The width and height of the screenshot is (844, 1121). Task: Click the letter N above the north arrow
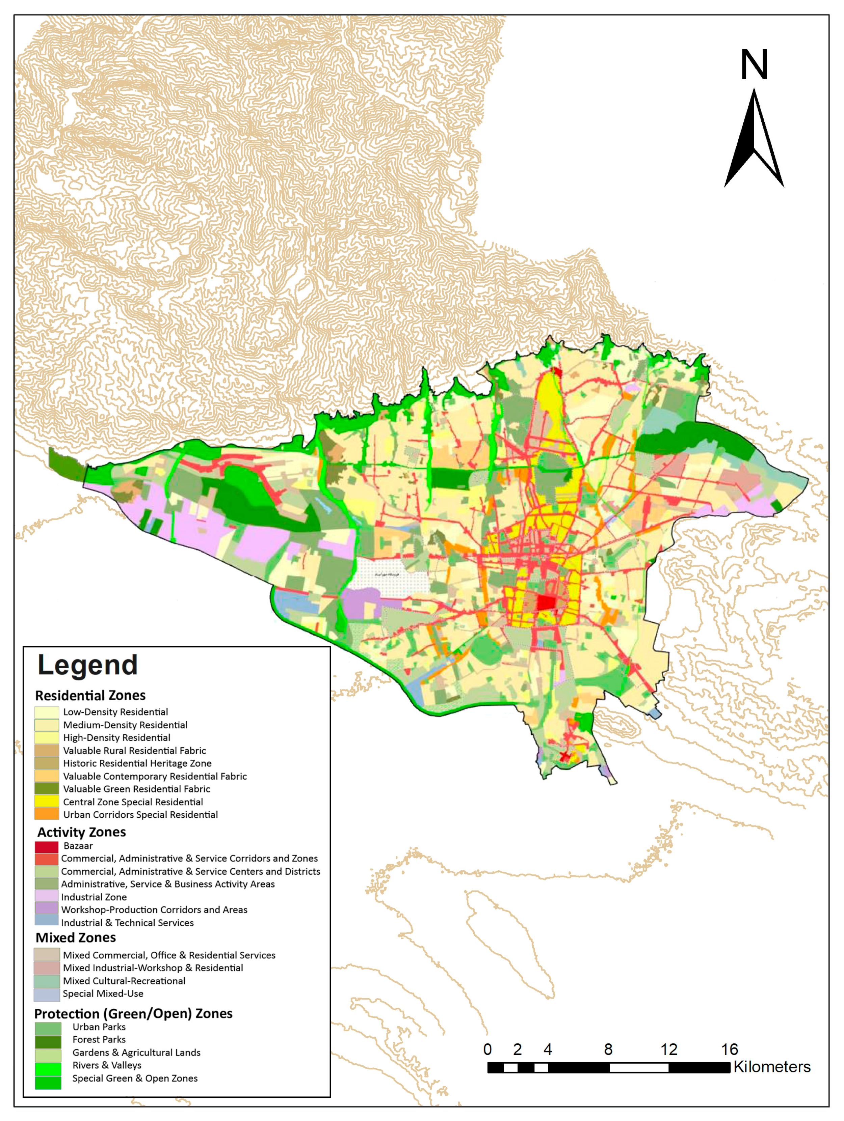(x=754, y=64)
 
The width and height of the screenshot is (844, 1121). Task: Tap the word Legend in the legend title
(x=87, y=665)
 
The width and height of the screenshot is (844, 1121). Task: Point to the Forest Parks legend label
(x=99, y=1039)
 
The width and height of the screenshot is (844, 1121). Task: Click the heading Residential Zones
(x=90, y=695)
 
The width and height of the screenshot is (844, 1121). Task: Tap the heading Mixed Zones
(x=76, y=937)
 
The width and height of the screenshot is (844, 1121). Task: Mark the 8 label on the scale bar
(x=608, y=1049)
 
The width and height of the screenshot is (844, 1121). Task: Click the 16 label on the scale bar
(x=729, y=1049)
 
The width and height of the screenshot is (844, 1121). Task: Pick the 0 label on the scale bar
(x=487, y=1049)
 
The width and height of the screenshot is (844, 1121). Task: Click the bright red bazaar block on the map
(x=546, y=602)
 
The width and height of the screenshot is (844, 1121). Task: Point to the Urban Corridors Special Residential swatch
(x=46, y=814)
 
